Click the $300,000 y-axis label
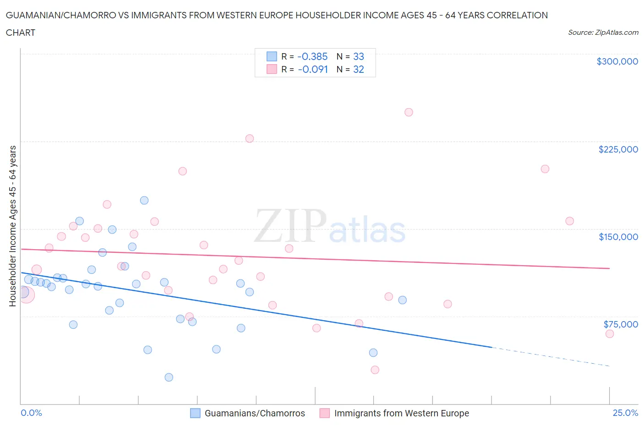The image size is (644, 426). pyautogui.click(x=617, y=61)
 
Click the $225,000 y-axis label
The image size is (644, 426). pyautogui.click(x=618, y=149)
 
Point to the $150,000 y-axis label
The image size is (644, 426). pyautogui.click(x=618, y=237)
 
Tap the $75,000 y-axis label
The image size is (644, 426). pyautogui.click(x=620, y=324)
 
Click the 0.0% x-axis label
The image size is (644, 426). pyautogui.click(x=31, y=413)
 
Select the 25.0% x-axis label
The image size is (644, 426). pyautogui.click(x=625, y=413)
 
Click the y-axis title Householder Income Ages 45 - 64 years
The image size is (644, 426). pyautogui.click(x=13, y=226)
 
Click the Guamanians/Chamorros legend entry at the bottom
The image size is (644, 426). pyautogui.click(x=254, y=413)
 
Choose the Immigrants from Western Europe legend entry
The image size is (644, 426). pyautogui.click(x=401, y=413)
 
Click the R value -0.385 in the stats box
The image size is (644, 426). pyautogui.click(x=312, y=56)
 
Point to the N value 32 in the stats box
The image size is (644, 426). pyautogui.click(x=358, y=69)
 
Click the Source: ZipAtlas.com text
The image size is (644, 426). pyautogui.click(x=603, y=33)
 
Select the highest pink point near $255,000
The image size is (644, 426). pyautogui.click(x=409, y=112)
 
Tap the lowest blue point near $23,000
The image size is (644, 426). pyautogui.click(x=169, y=377)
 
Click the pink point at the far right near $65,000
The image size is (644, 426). pyautogui.click(x=609, y=334)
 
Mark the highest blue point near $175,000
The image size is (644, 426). pyautogui.click(x=144, y=200)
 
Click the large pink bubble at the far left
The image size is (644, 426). pyautogui.click(x=26, y=295)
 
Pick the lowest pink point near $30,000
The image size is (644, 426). pyautogui.click(x=375, y=370)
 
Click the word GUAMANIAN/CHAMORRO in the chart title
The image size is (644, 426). pyautogui.click(x=57, y=15)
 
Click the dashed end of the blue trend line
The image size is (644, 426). pyautogui.click(x=550, y=357)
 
